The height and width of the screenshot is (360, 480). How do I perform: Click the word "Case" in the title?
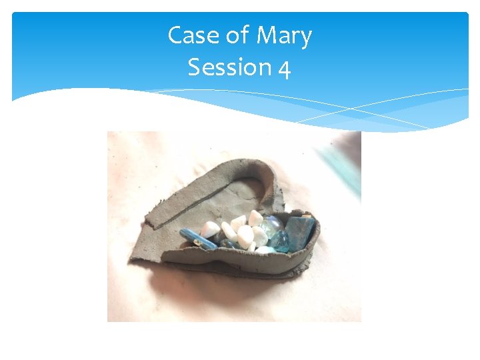189,35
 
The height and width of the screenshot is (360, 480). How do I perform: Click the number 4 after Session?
284,68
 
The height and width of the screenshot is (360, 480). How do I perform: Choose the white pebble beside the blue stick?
211,229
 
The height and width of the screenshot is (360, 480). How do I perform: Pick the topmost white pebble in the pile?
255,217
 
